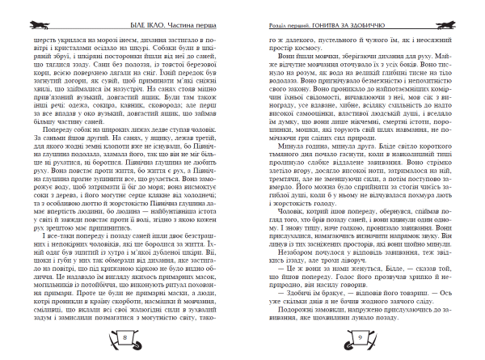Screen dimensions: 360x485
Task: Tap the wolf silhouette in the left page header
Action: [x=25, y=6]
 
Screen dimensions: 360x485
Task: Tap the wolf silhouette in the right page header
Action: [x=466, y=6]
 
